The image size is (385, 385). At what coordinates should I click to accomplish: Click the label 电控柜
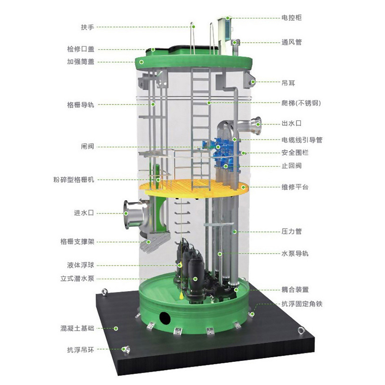pos(292,18)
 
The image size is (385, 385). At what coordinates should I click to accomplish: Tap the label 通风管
pos(292,42)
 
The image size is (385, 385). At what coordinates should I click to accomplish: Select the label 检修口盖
pos(80,49)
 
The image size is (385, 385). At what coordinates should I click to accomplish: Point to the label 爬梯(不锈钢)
pos(301,103)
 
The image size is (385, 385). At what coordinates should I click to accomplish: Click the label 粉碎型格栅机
pos(74,180)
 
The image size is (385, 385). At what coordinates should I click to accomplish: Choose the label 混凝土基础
pos(77,328)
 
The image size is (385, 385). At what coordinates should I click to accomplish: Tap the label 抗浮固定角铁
pos(302,304)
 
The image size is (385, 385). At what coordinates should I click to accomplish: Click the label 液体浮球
pos(80,265)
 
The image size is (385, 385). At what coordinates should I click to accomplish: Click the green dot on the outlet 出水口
pos(258,124)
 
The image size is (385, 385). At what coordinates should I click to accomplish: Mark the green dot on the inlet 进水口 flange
pos(126,213)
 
